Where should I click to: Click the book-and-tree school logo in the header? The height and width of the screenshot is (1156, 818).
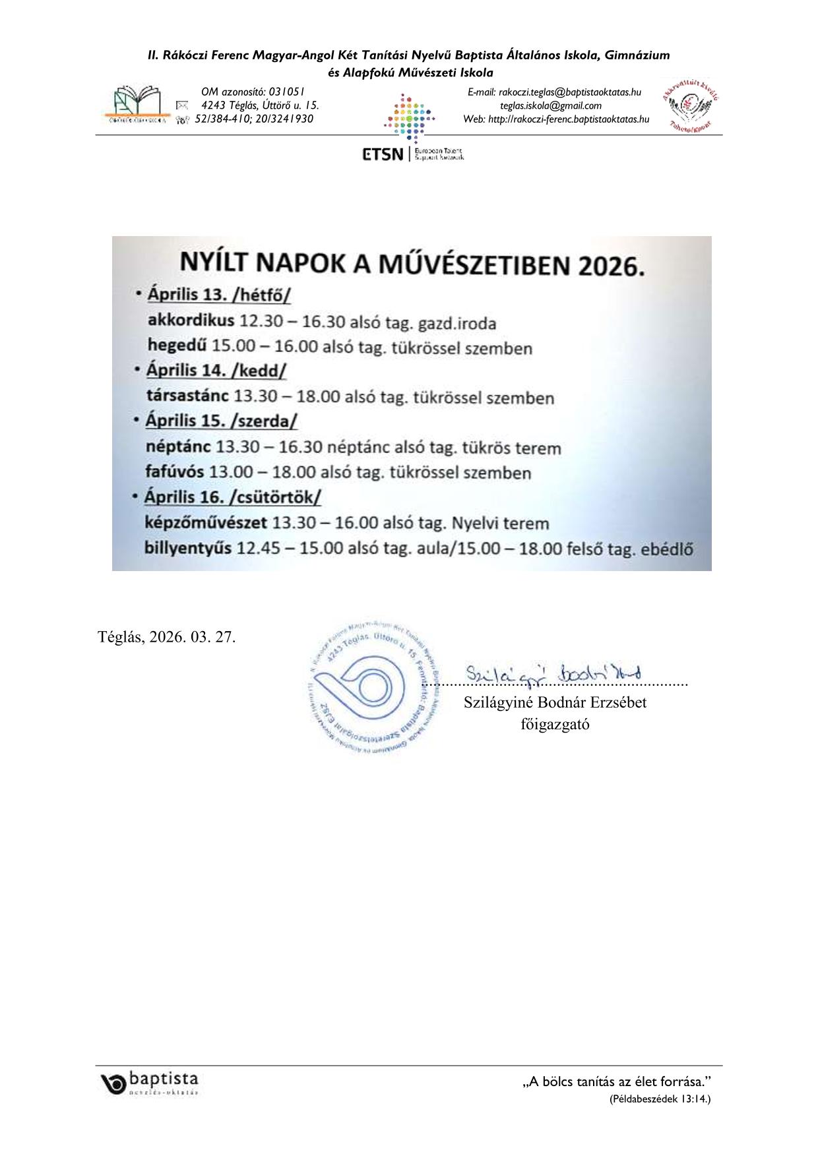[x=137, y=104]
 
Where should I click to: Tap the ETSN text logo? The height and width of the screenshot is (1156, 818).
[x=382, y=154]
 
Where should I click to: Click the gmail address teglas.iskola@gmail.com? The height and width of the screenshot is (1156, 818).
[x=550, y=106]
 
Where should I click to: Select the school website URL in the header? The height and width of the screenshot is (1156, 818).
[x=569, y=119]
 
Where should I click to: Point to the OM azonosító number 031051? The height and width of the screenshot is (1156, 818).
[x=286, y=92]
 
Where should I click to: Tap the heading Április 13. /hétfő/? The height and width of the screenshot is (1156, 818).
[x=219, y=294]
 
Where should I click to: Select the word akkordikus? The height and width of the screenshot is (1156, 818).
[x=191, y=320]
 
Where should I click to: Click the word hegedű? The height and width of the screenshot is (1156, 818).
[x=177, y=346]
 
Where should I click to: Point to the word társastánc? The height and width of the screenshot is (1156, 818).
[x=187, y=396]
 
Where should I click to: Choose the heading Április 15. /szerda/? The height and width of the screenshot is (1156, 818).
[x=222, y=421]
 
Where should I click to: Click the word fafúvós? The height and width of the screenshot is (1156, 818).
[x=175, y=472]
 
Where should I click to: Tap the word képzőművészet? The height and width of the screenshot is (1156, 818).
[x=206, y=523]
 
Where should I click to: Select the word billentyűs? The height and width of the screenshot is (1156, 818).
[x=188, y=548]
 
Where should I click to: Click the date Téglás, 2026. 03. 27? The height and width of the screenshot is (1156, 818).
[x=166, y=637]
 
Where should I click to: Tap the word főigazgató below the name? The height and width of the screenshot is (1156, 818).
[x=555, y=724]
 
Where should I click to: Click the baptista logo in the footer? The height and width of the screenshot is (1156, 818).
[x=150, y=1082]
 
